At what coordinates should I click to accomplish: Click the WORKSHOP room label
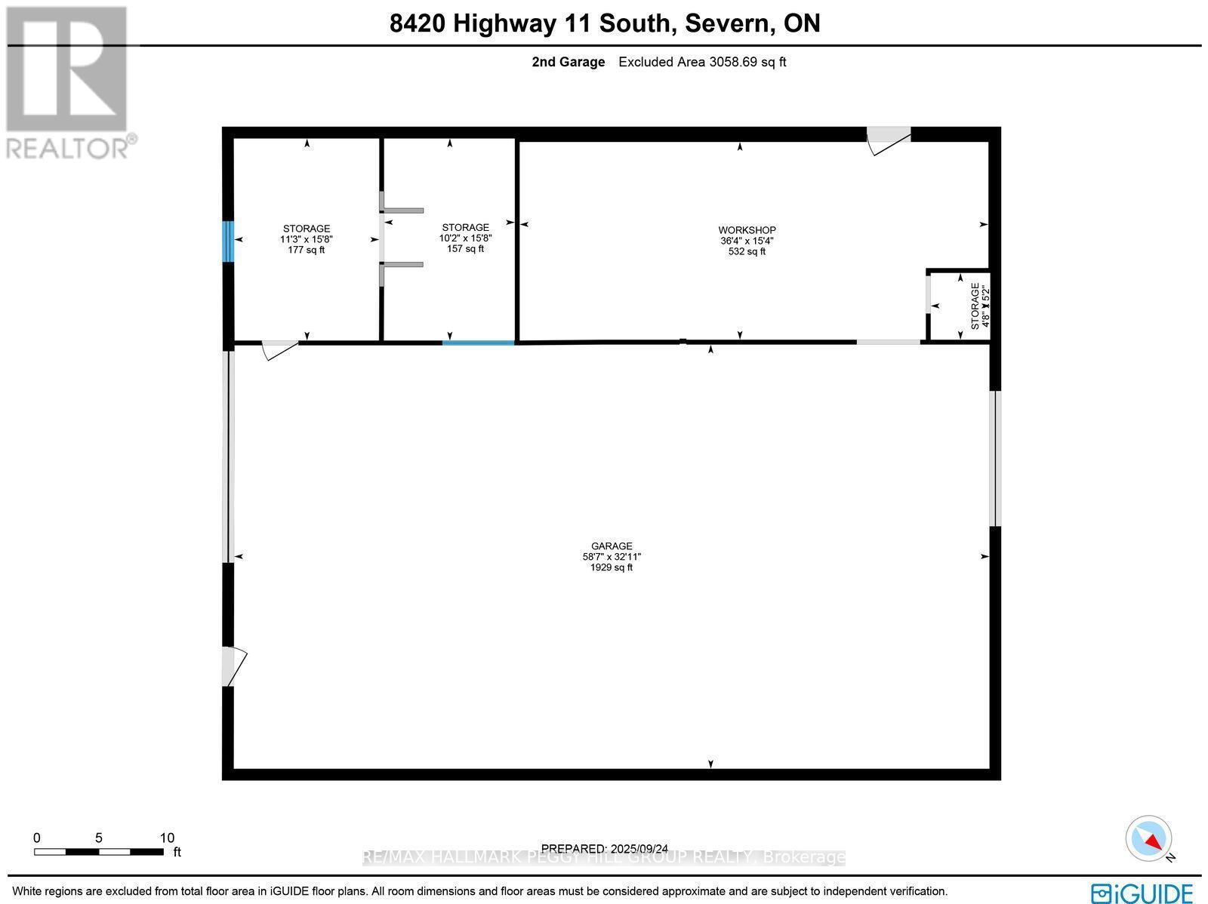tap(747, 230)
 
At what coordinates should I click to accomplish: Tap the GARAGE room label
tap(612, 546)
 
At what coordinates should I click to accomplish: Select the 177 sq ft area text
tap(307, 250)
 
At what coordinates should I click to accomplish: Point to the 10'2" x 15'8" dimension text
tap(466, 238)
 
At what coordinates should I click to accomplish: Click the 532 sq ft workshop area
tap(747, 251)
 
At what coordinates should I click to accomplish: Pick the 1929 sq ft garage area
tap(612, 567)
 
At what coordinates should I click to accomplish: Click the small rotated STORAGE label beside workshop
tap(975, 306)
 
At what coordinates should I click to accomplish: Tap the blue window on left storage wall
tap(228, 241)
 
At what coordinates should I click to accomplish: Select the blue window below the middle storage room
tap(479, 343)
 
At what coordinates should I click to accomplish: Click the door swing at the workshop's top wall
tap(888, 140)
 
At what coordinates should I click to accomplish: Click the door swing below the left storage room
tap(279, 349)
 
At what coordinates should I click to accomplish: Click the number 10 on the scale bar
tap(167, 838)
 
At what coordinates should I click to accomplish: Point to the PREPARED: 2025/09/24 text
tap(604, 849)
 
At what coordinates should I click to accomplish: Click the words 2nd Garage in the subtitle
tap(568, 62)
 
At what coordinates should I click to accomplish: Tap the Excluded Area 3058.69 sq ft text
tap(702, 62)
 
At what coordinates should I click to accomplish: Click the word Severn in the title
tap(727, 23)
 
